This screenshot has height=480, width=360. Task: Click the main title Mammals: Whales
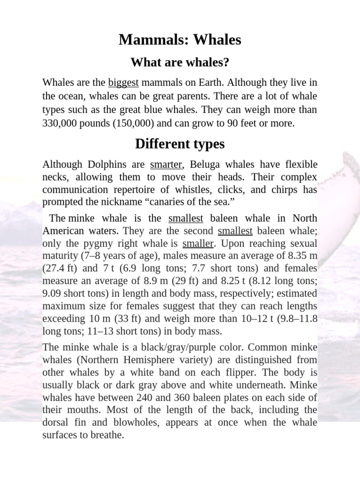(180, 40)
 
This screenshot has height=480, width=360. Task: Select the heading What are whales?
(180, 62)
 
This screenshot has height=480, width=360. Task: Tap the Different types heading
(180, 144)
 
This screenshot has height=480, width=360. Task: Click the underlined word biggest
(123, 83)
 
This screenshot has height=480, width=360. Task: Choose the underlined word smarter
(165, 165)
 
